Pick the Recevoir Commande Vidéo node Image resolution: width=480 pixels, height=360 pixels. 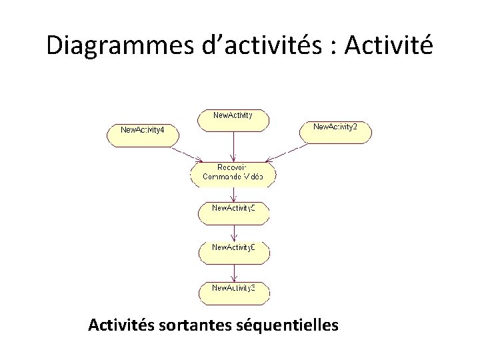point(233,173)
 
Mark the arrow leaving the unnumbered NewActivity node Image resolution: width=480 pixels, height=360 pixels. point(233,145)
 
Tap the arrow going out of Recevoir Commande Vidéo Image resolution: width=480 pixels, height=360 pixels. point(233,193)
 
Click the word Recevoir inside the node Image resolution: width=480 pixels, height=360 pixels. point(233,167)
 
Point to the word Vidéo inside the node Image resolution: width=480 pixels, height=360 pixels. point(251,177)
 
